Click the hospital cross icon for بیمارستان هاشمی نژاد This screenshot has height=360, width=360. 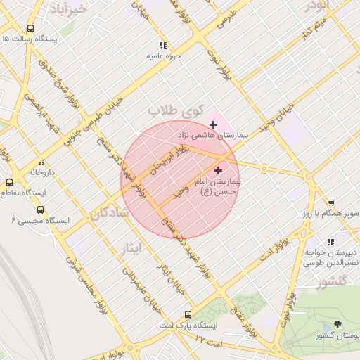pyautogui.click(x=214, y=124)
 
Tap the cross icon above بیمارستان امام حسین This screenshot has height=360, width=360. pyautogui.click(x=218, y=169)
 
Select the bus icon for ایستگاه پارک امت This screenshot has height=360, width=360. pyautogui.click(x=188, y=314)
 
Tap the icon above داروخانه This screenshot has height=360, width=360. pyautogui.click(x=42, y=161)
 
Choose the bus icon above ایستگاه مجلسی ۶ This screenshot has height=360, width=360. pyautogui.click(x=39, y=210)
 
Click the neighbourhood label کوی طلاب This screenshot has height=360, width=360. pyautogui.click(x=175, y=111)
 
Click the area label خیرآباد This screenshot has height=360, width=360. pyautogui.click(x=69, y=8)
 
